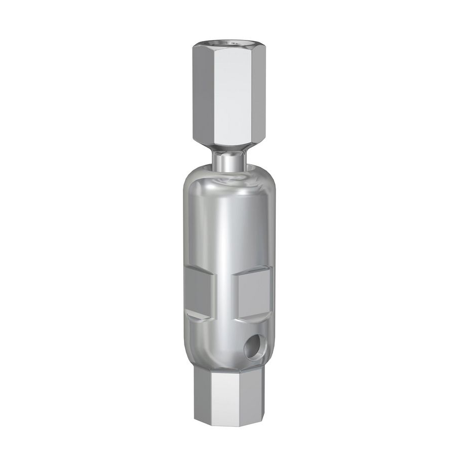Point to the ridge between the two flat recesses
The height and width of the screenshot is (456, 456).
pyautogui.click(x=225, y=294)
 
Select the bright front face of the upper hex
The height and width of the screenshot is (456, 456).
pyautogui.click(x=229, y=96)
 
